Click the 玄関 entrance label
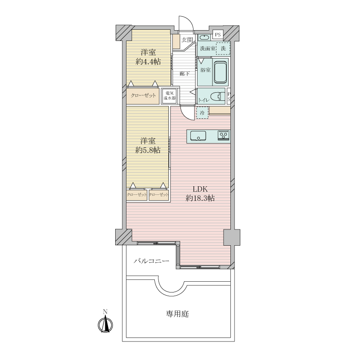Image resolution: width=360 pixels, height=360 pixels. [187, 40]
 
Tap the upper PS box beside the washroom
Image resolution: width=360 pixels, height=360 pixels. [218, 35]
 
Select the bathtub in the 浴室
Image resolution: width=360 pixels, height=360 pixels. [220, 72]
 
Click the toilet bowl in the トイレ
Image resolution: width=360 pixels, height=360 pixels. [217, 96]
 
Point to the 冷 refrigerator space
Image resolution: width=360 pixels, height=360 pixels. [202, 113]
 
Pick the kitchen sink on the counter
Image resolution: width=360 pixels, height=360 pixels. [198, 135]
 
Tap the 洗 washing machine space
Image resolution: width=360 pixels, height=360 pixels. [223, 49]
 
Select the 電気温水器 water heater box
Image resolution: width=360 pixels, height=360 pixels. [170, 96]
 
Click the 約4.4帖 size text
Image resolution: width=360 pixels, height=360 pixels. [148, 62]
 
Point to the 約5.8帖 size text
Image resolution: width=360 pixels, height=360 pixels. [148, 150]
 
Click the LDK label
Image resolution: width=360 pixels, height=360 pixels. [200, 189]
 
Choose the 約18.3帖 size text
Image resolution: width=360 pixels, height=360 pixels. [200, 198]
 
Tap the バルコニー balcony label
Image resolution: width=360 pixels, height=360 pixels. [152, 261]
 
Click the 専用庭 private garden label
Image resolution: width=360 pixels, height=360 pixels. [177, 314]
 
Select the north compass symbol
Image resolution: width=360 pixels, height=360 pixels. [105, 323]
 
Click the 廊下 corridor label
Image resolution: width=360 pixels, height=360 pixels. [184, 73]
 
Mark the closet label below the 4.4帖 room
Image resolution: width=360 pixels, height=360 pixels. [143, 95]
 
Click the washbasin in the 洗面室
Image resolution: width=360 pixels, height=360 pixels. [203, 37]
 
